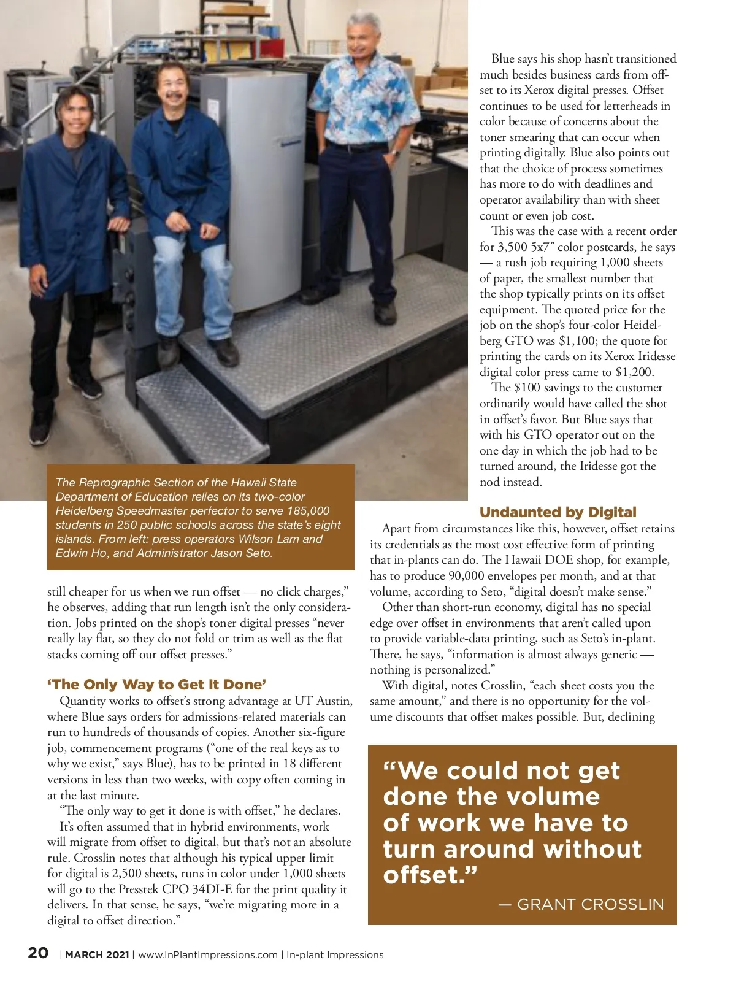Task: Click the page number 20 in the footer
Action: (x=38, y=953)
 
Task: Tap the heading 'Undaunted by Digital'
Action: (x=558, y=512)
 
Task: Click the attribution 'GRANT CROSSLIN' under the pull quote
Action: (x=590, y=904)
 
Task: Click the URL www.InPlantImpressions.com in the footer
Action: (x=208, y=954)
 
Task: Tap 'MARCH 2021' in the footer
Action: (x=97, y=954)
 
